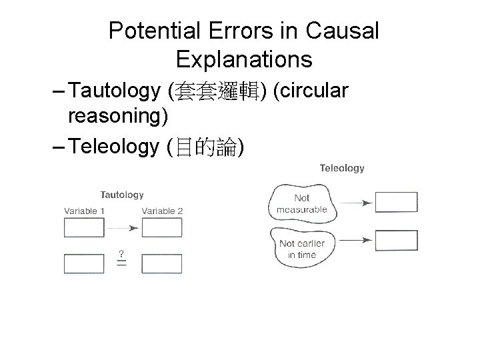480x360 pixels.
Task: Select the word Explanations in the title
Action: [244, 60]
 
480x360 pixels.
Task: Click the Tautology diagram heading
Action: [122, 195]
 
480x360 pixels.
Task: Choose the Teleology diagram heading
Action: [342, 168]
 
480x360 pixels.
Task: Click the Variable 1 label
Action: [85, 211]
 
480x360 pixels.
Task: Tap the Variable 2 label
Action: [162, 211]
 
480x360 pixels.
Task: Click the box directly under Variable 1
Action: [84, 228]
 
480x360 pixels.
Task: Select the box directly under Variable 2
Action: [162, 228]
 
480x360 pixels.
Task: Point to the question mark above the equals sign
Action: [121, 253]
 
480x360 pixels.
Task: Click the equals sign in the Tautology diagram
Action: [122, 263]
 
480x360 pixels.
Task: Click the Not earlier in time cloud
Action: [301, 247]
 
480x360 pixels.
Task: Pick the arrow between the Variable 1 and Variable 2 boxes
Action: [123, 228]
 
